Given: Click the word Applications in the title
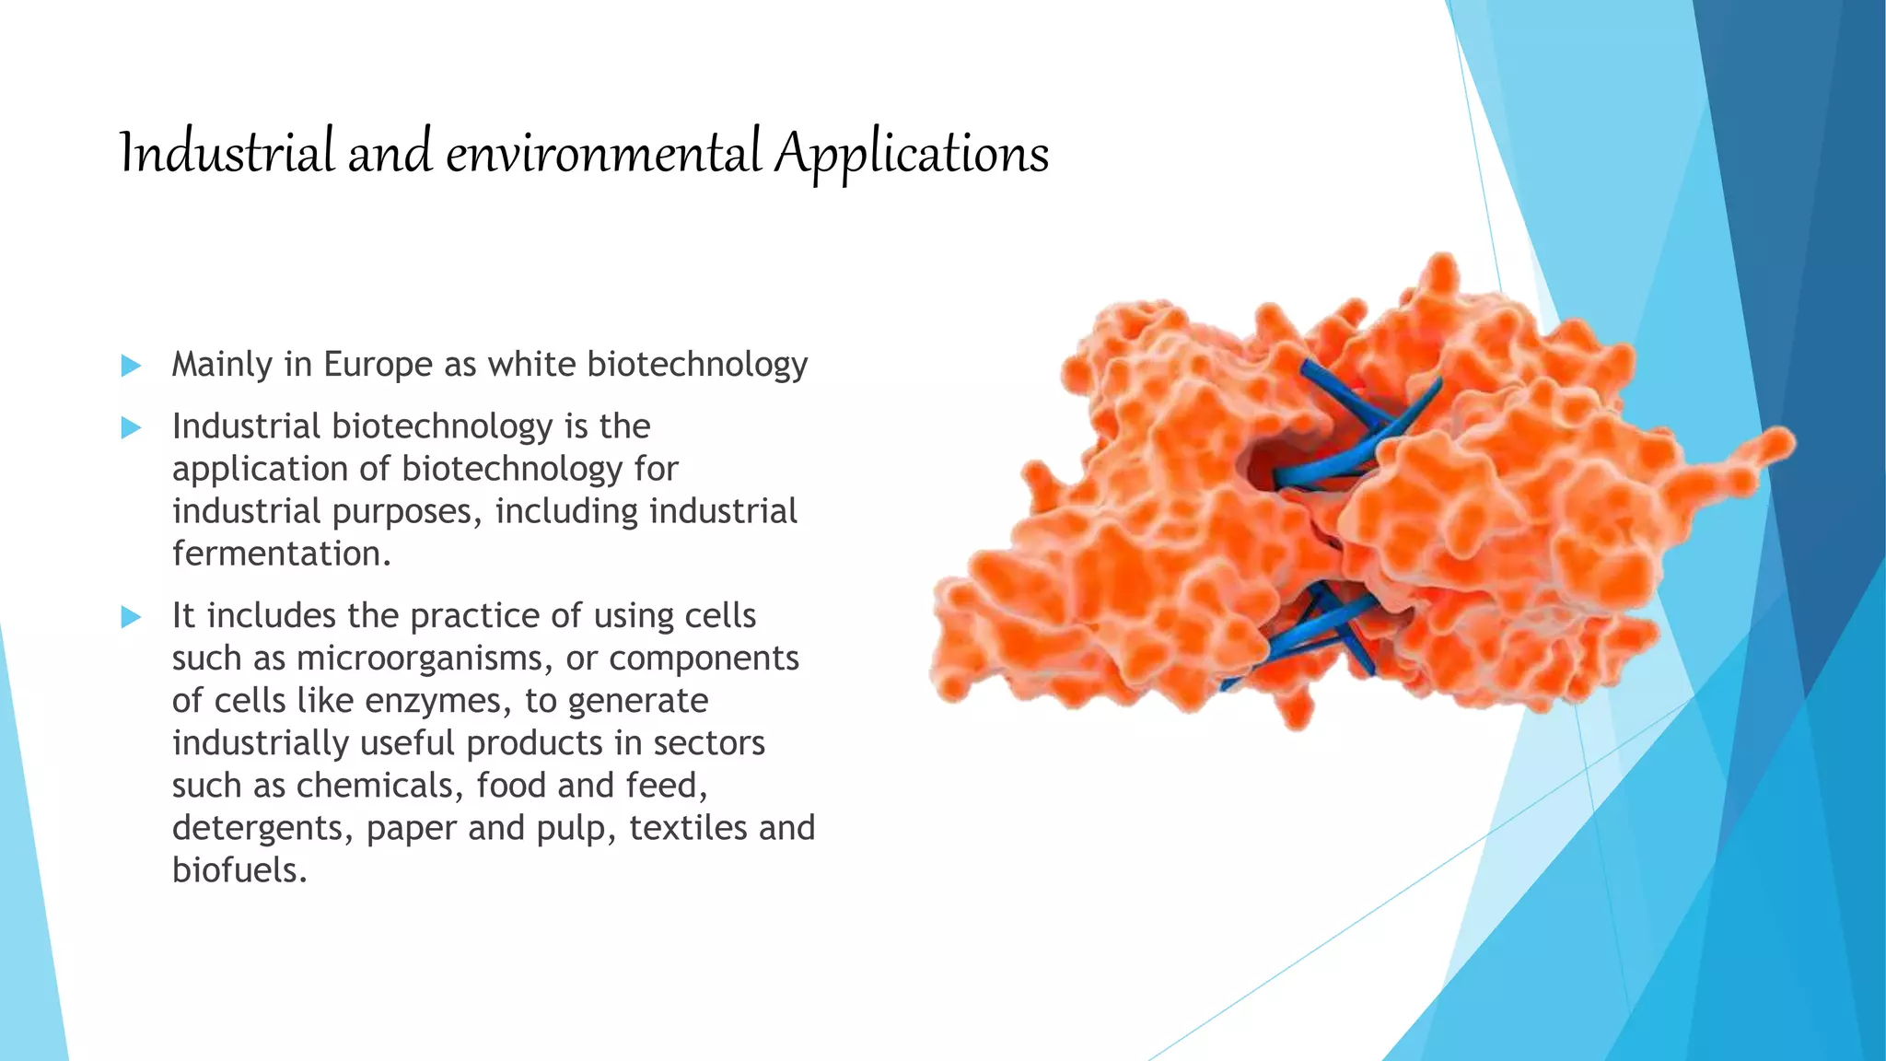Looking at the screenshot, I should (x=911, y=154).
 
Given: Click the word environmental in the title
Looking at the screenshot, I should (x=603, y=154).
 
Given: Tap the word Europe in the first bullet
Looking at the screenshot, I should (x=378, y=365).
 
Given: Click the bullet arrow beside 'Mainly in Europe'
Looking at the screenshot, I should (x=132, y=366).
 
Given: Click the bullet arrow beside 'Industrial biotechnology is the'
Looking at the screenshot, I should (x=132, y=427).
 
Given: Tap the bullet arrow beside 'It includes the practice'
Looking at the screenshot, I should (x=132, y=616).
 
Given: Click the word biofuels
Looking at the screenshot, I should (x=239, y=870).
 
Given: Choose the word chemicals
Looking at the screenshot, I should (x=379, y=786).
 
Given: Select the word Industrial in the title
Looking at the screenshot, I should (x=227, y=154).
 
